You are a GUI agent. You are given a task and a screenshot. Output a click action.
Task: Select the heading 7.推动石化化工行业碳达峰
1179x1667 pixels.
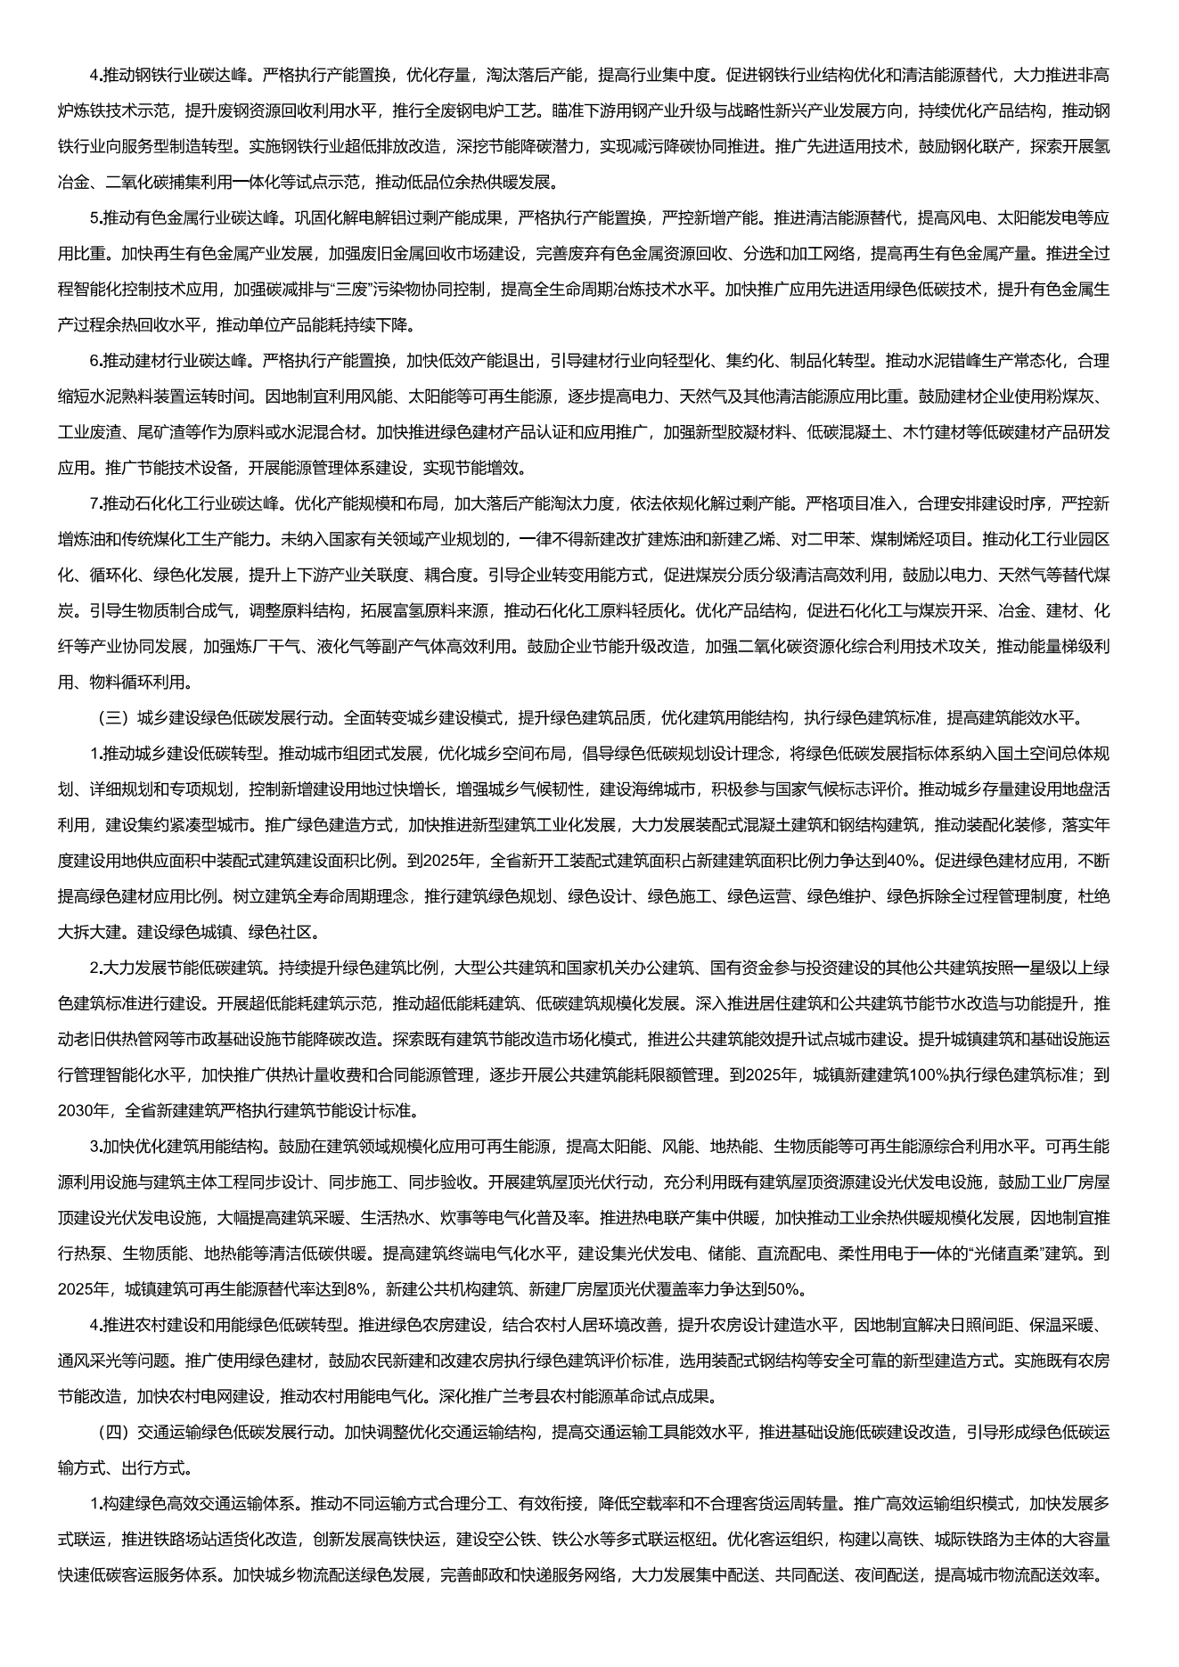(x=184, y=504)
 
